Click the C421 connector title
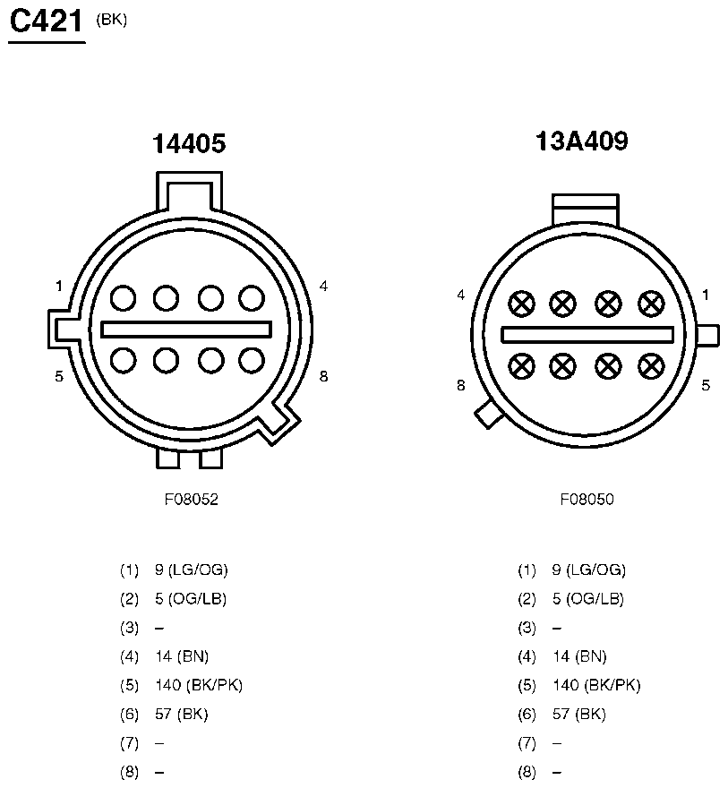click(x=47, y=21)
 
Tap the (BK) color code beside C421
click(x=112, y=20)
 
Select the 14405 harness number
click(x=189, y=144)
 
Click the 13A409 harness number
click(x=582, y=141)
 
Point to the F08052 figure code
click(x=192, y=499)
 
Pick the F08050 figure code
click(x=587, y=499)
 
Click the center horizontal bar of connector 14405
click(x=186, y=330)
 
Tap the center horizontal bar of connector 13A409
click(x=587, y=335)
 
